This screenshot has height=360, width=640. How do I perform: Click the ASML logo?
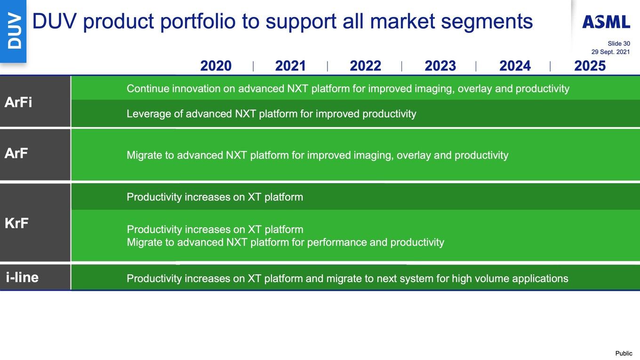pos(606,22)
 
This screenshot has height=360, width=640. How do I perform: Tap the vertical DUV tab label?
pos(14,31)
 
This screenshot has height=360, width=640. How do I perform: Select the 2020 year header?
pos(216,66)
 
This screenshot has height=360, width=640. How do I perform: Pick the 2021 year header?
pos(290,66)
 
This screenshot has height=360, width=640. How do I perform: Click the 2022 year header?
pos(366,66)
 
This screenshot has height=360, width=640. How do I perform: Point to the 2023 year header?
pos(440,66)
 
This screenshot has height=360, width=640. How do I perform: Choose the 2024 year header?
pos(515,66)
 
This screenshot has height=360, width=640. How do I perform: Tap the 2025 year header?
pos(590,66)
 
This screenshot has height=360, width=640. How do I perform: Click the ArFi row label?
pos(18,102)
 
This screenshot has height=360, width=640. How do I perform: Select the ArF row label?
pos(16,153)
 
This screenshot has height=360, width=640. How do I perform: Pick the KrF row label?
pos(16,223)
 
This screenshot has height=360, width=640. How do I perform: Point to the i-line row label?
pos(22,277)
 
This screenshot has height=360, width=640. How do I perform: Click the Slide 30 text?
pos(619,43)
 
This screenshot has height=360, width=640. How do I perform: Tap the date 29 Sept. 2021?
pos(610,52)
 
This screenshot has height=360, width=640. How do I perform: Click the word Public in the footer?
pos(624,353)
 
